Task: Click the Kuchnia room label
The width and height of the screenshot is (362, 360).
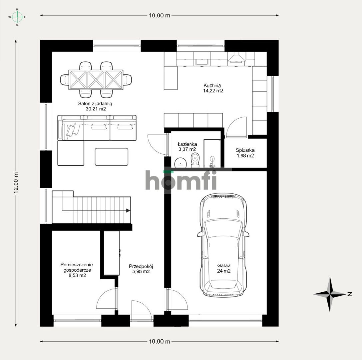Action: [x=212, y=85]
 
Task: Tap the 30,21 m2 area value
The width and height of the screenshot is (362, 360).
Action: [x=96, y=109]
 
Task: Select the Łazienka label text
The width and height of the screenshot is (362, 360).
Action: [x=187, y=144]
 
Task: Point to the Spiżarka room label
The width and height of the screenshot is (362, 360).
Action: [x=245, y=150]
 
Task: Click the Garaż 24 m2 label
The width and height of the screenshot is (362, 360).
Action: [x=224, y=268]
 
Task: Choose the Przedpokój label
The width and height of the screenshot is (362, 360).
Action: [x=141, y=266]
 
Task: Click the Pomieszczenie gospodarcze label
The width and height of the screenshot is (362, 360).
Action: [x=77, y=267]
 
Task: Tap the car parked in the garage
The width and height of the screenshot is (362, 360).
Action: [x=223, y=245]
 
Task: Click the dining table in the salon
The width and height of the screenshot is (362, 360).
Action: [x=96, y=79]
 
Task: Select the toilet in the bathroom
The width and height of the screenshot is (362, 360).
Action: [x=195, y=159]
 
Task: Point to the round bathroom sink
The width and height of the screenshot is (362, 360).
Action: [x=180, y=162]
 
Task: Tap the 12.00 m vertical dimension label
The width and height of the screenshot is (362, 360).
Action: [x=16, y=183]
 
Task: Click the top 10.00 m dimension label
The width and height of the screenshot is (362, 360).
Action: [x=160, y=15]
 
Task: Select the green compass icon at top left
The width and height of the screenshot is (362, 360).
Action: [x=17, y=17]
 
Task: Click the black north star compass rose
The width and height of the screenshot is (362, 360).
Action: [x=330, y=294]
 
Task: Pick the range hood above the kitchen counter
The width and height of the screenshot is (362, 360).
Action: [x=237, y=57]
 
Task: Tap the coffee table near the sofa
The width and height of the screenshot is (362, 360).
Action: [x=112, y=157]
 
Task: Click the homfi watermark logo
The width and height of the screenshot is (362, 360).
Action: [x=181, y=180]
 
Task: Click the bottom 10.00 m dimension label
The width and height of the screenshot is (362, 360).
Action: [x=160, y=342]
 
